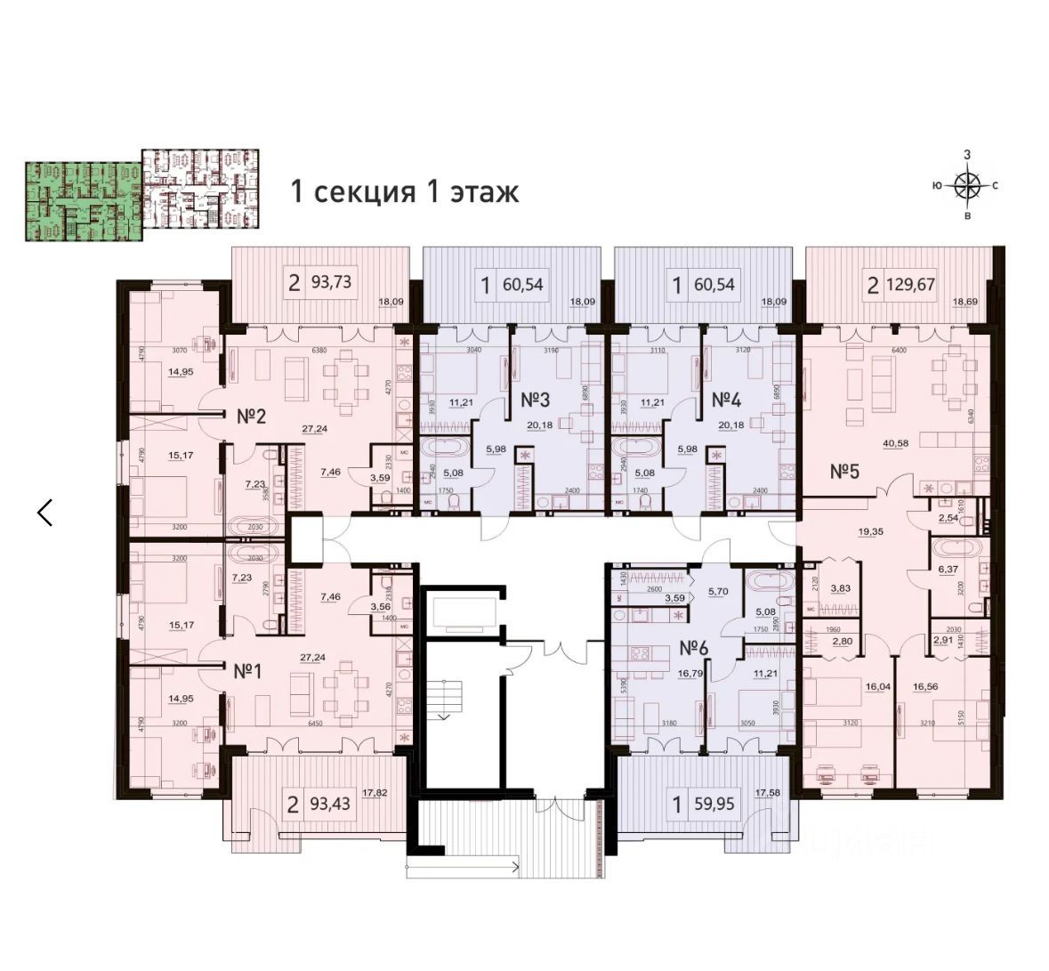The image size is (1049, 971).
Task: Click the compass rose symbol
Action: coord(966,186)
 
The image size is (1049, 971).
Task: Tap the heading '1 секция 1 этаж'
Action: coord(405,191)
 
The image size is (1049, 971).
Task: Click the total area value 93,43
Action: coord(331,805)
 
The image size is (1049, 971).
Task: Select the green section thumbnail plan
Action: coord(82,200)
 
